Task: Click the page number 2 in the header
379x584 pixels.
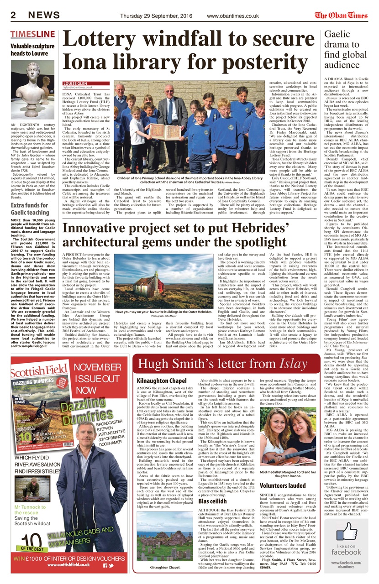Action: coord(14,15)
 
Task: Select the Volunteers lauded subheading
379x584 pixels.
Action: coord(283,486)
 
